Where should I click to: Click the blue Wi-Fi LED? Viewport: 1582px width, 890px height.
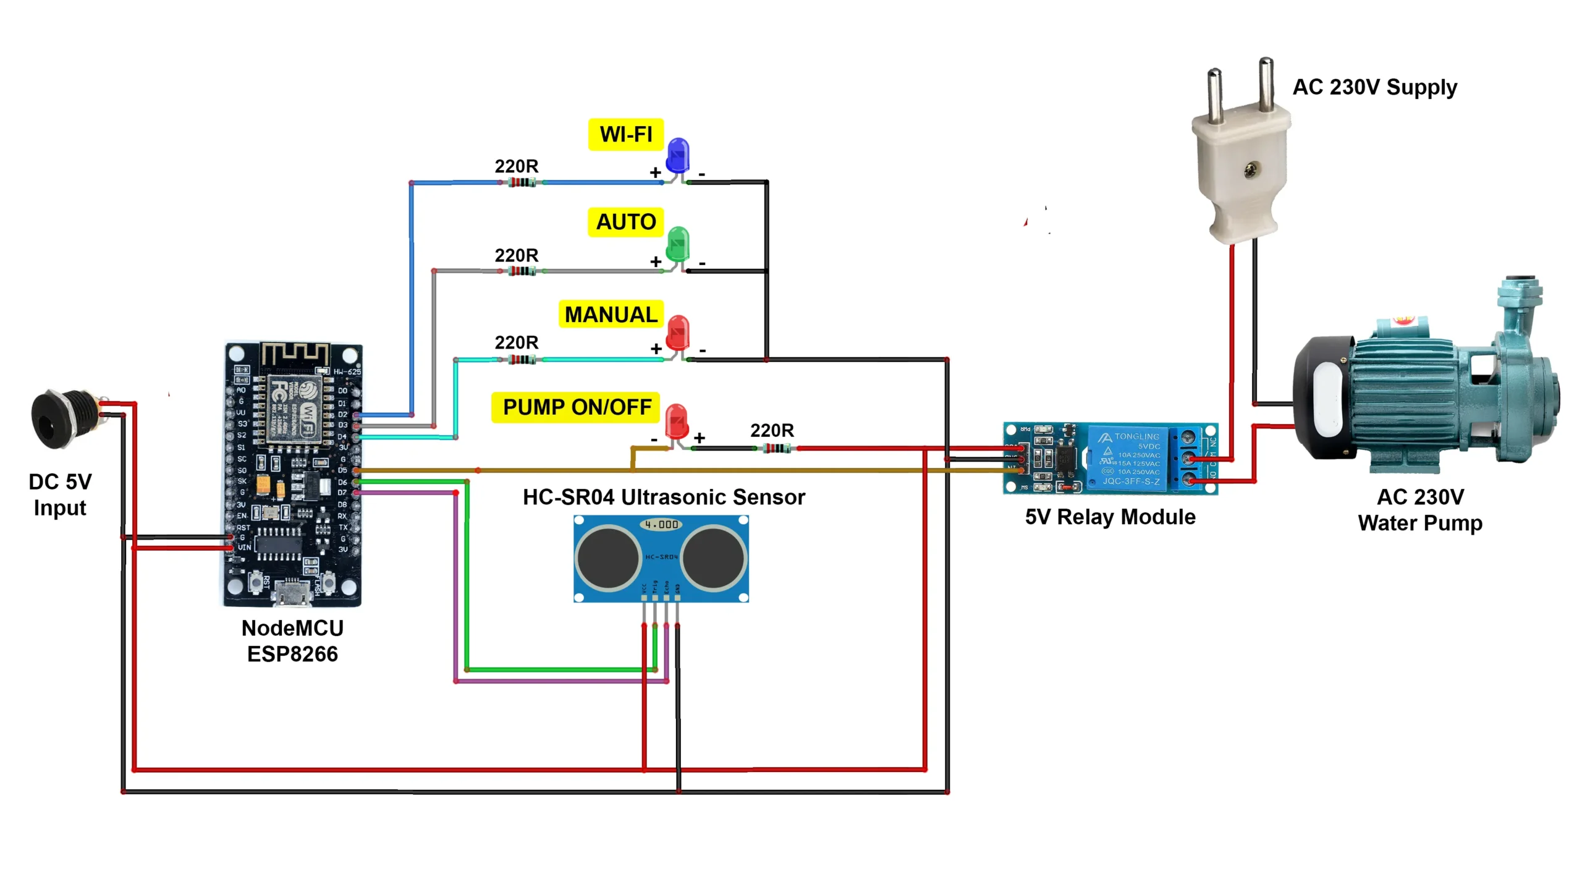(x=678, y=155)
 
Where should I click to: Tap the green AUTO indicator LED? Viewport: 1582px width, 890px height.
(x=678, y=244)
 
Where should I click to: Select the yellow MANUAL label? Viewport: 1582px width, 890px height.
(x=611, y=315)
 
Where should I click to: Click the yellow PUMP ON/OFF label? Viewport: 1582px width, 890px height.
(x=576, y=407)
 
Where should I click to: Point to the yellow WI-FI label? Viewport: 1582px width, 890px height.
(x=625, y=134)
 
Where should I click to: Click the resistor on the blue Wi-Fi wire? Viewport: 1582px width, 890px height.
(x=522, y=182)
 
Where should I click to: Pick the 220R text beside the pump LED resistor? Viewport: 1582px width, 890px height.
(x=771, y=430)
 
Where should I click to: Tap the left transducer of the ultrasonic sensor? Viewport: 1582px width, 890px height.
(x=608, y=557)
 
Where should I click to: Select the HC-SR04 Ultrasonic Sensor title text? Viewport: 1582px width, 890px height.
(x=664, y=497)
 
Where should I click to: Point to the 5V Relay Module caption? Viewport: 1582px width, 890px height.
(x=1110, y=517)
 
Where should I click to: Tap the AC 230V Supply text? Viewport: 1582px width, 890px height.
(x=1374, y=87)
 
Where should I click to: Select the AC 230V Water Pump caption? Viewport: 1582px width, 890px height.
(x=1419, y=510)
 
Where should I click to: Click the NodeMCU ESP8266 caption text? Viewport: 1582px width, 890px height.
(x=292, y=641)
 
